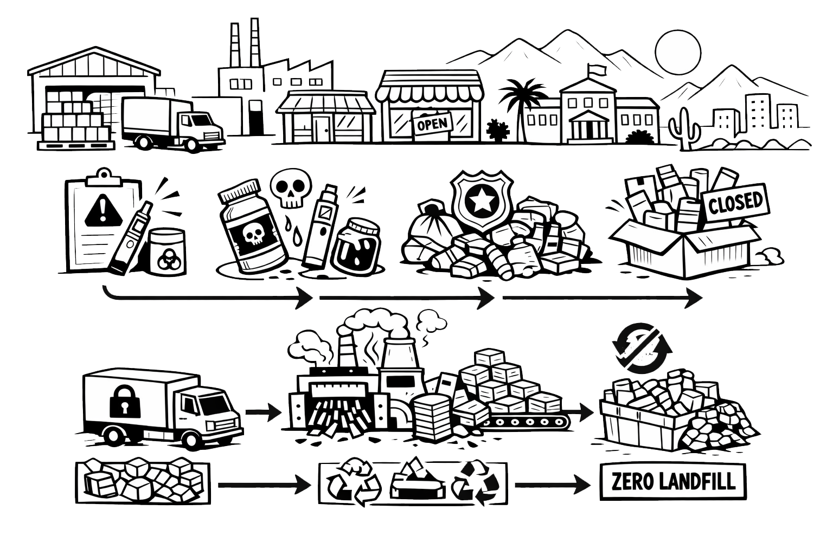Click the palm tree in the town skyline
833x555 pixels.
click(x=522, y=108)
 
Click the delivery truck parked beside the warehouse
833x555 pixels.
click(x=172, y=124)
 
